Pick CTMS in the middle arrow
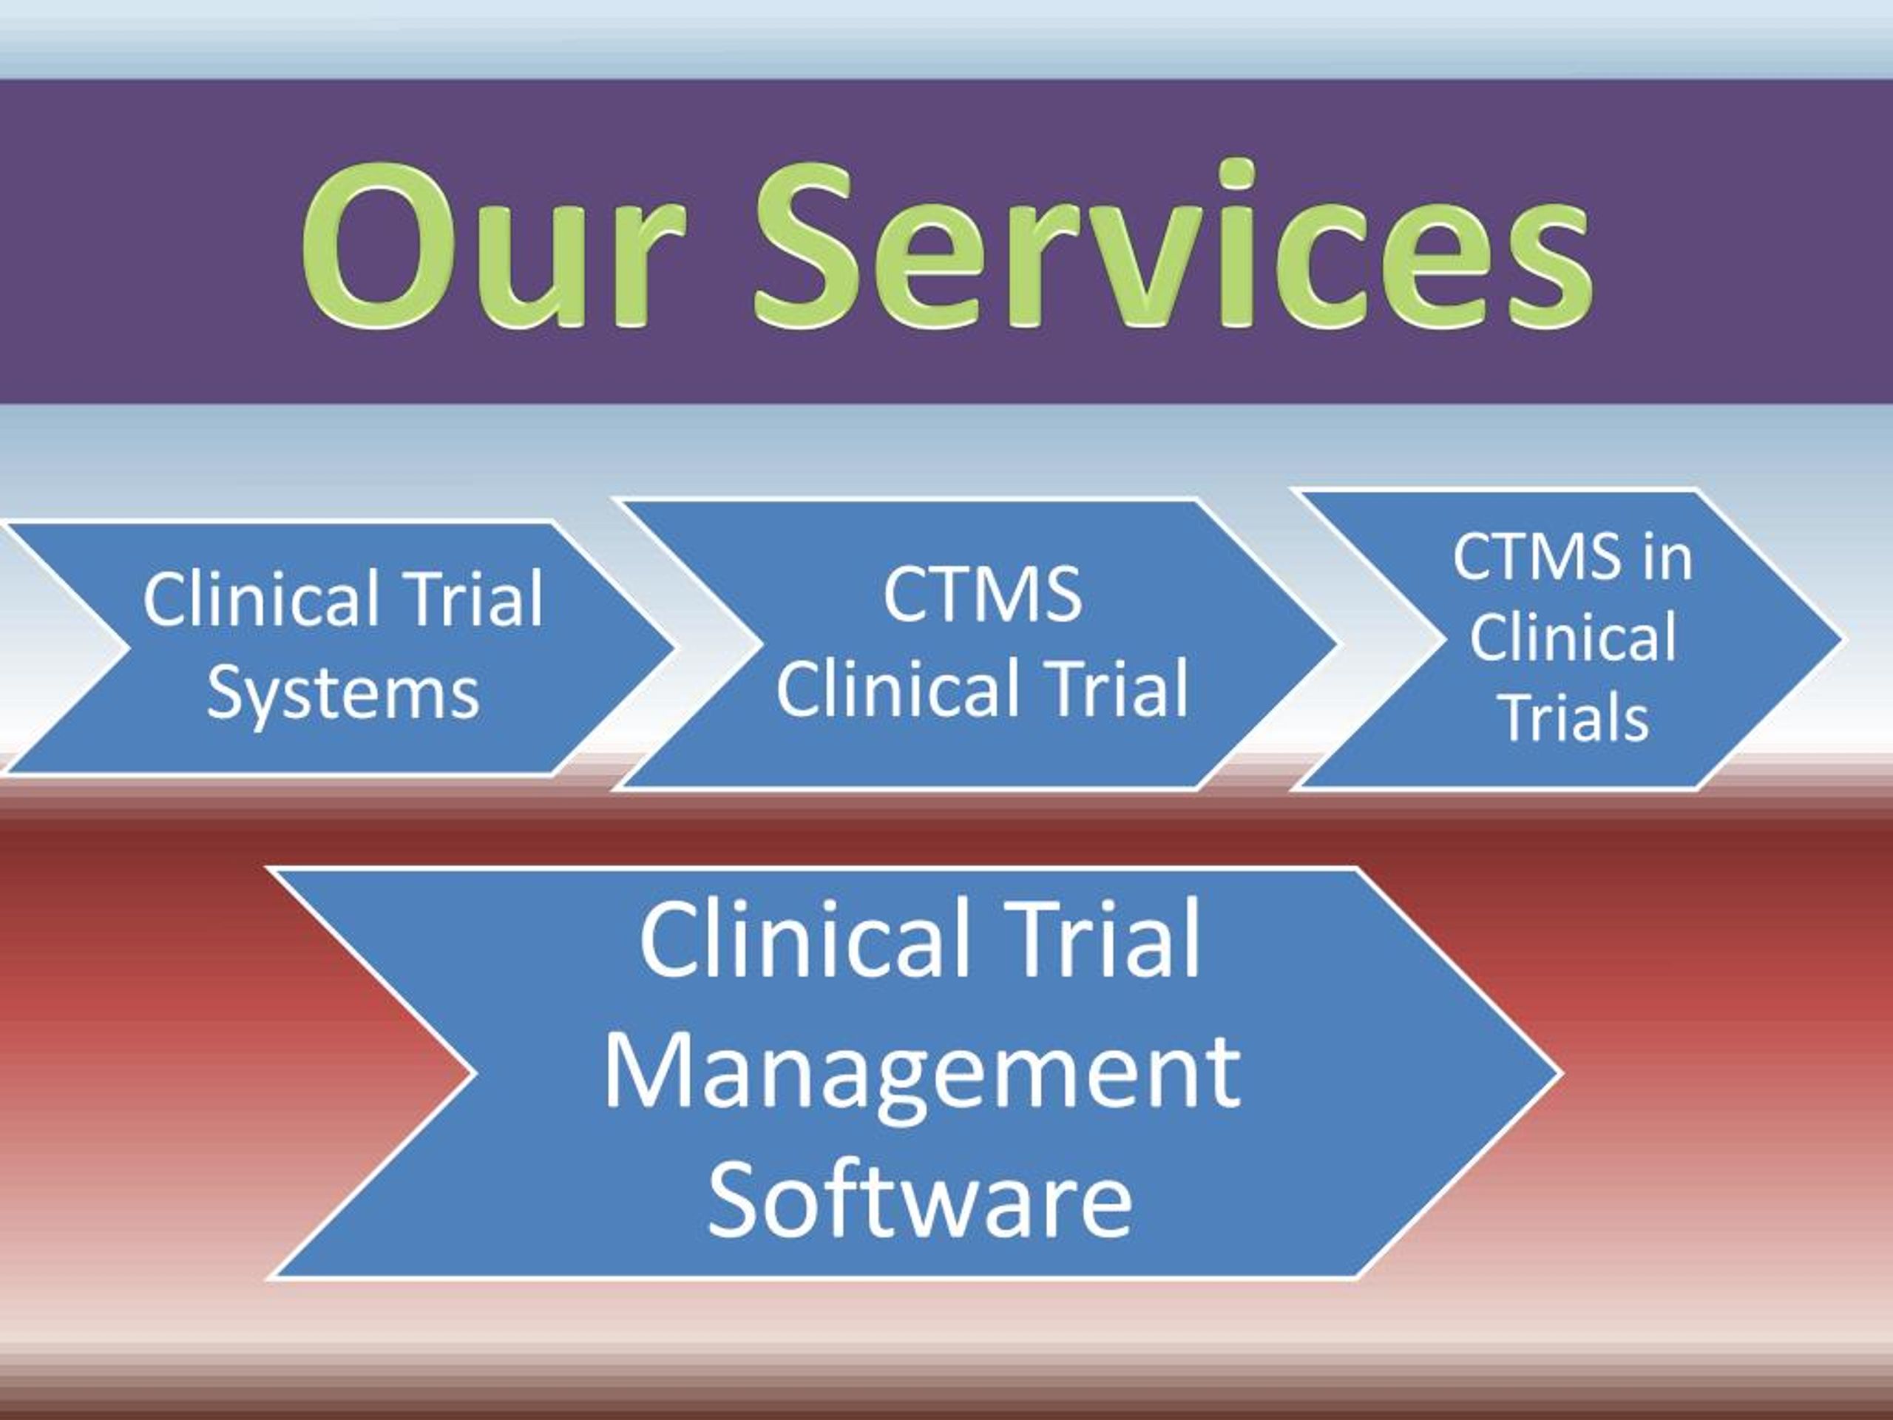[x=983, y=594]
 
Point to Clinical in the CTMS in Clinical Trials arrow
[x=1573, y=638]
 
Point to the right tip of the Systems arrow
[x=671, y=649]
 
